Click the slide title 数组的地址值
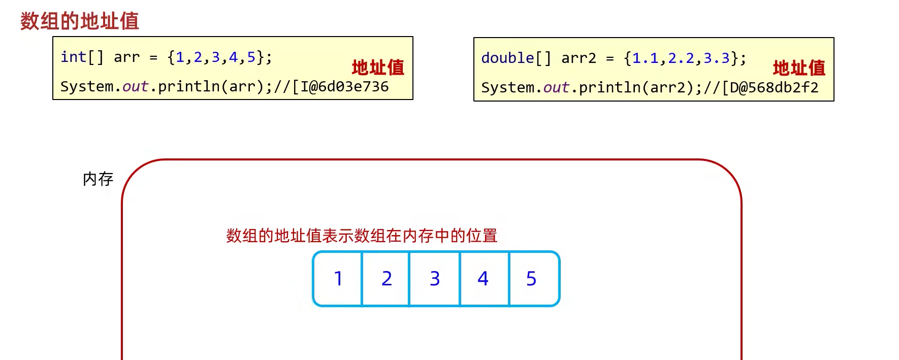tap(79, 21)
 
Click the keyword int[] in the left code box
tap(82, 57)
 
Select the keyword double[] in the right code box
tap(516, 58)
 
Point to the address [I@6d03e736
tap(340, 87)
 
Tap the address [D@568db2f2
tap(770, 88)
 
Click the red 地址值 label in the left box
tap(378, 67)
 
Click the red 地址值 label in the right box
tap(799, 68)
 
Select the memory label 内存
tap(98, 179)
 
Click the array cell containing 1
tap(338, 279)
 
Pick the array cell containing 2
tap(387, 279)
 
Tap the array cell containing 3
tap(435, 279)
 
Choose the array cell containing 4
tap(483, 279)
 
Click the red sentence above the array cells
tap(362, 236)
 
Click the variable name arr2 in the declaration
tap(579, 58)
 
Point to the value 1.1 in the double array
tap(645, 58)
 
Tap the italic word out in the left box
tap(135, 87)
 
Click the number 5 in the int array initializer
tap(251, 57)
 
